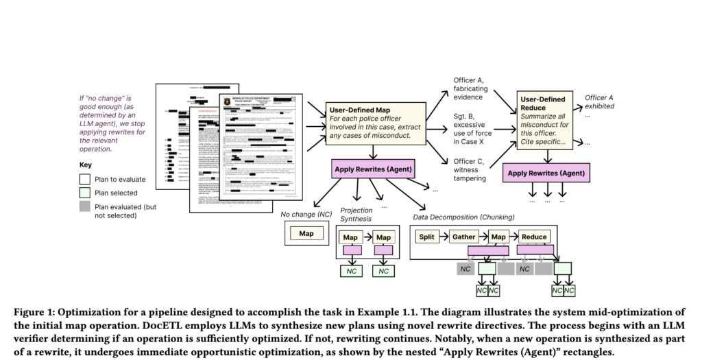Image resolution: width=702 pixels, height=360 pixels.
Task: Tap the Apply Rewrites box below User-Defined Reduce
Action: tap(546, 173)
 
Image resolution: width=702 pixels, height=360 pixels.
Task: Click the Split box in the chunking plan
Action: tap(428, 237)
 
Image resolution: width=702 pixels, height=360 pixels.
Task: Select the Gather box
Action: tap(464, 237)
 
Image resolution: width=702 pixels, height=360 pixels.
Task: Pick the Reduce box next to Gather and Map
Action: tap(533, 237)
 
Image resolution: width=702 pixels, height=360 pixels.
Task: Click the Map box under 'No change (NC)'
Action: tap(306, 234)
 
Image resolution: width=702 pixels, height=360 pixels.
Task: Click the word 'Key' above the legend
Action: tap(85, 165)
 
